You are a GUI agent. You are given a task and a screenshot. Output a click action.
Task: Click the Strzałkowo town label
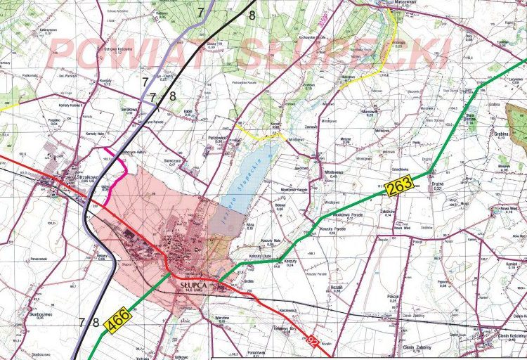coord(79,178)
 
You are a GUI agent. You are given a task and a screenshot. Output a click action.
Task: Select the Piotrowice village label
coord(221,137)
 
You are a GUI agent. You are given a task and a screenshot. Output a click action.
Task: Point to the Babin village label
coord(188,111)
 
